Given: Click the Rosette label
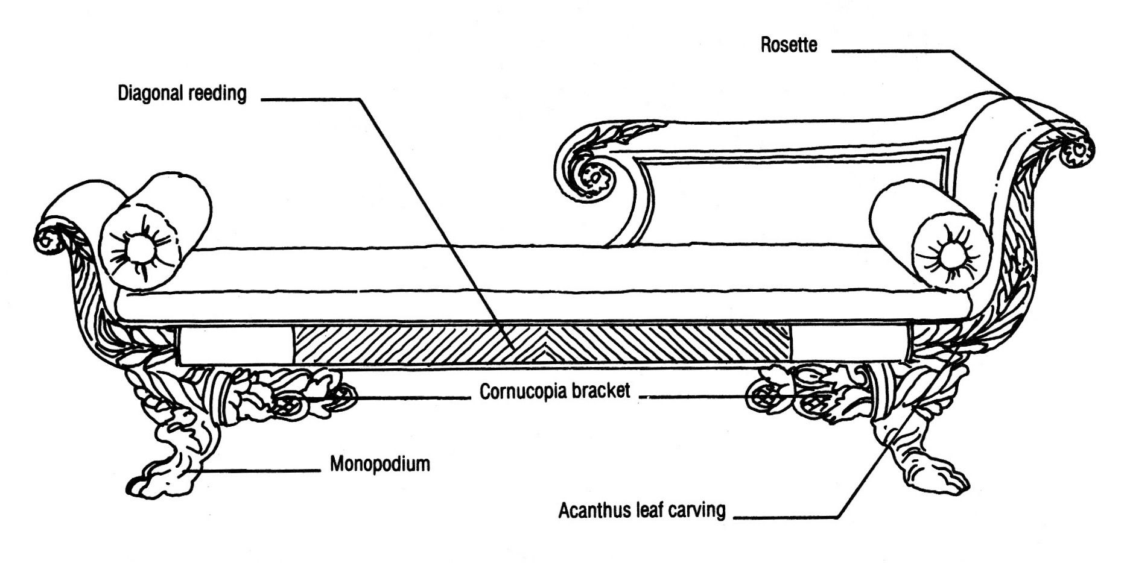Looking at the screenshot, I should (788, 45).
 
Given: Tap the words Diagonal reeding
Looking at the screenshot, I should (182, 93).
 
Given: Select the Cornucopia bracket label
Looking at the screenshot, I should (554, 392).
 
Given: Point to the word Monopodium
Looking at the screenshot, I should (379, 464).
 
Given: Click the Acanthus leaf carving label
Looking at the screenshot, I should (641, 511).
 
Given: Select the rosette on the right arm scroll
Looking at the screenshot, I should (1077, 149).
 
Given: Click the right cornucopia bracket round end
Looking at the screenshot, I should (762, 396).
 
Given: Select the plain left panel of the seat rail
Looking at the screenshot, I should (235, 345).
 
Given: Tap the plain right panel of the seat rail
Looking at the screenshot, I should (848, 345).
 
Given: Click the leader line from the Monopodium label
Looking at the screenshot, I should (259, 470).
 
